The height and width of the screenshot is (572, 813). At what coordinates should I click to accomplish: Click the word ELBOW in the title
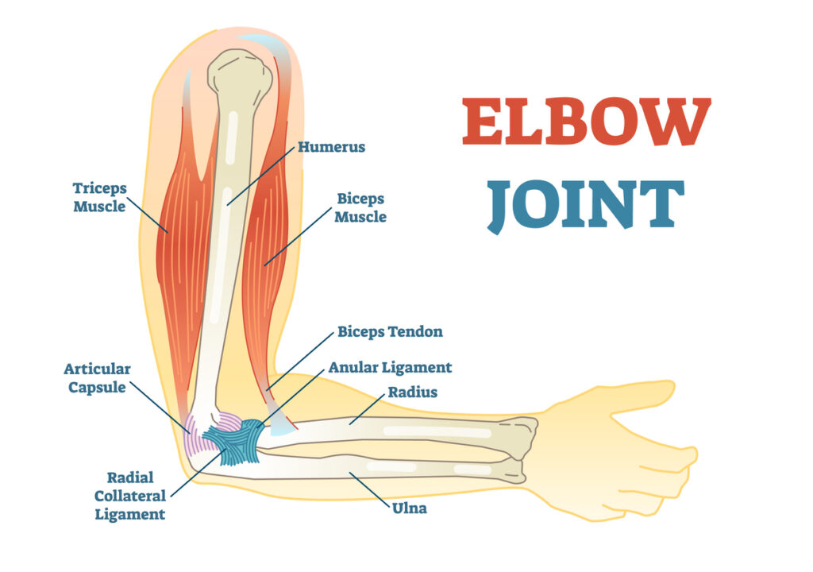(587, 122)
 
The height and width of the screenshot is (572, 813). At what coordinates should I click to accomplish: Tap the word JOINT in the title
(585, 205)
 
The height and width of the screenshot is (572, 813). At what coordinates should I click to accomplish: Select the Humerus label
(331, 147)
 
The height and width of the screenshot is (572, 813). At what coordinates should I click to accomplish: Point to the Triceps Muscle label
(99, 197)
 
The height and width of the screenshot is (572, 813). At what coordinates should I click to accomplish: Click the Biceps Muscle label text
(360, 207)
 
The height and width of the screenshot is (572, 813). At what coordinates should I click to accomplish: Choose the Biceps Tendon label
(391, 331)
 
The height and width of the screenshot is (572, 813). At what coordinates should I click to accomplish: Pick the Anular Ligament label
(390, 368)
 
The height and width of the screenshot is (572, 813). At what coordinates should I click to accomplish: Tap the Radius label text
(413, 392)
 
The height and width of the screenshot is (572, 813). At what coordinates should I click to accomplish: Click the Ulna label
(410, 508)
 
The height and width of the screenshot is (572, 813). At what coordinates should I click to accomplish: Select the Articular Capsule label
(97, 378)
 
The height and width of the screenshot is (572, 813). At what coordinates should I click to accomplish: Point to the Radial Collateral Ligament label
(130, 496)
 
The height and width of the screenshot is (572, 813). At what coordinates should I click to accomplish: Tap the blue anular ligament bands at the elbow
(236, 440)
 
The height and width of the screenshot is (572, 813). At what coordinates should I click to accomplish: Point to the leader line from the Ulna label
(370, 489)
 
